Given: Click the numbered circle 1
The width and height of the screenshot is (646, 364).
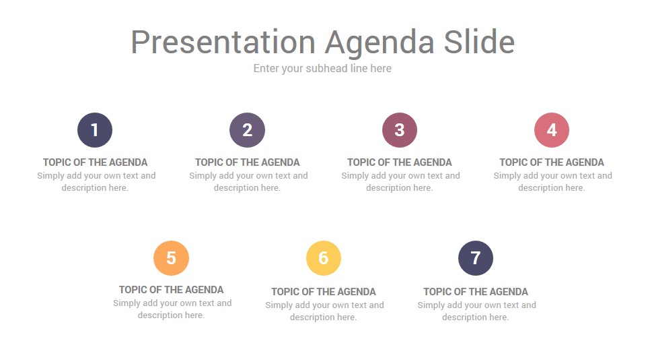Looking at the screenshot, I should coord(95,130).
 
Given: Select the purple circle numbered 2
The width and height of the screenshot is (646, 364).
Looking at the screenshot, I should coord(247,130).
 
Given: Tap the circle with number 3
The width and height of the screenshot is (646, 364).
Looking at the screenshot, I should coord(400,130).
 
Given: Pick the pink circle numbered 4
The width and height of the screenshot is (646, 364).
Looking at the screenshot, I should coord(552,130).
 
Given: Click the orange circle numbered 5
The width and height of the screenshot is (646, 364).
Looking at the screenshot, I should coord(171,258).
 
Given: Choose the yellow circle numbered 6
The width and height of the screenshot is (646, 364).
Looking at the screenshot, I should coord(324,258).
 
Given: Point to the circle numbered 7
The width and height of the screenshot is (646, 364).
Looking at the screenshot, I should coord(476,258).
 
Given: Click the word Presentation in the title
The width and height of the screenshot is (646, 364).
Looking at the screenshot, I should coord(223,42).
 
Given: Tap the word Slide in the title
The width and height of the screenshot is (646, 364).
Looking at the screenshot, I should coord(479,42).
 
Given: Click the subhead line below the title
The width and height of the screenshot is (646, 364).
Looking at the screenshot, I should coord(322,68).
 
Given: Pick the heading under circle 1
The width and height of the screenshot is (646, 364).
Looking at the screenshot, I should coord(95,162).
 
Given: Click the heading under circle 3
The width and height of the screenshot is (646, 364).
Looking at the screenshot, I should coord(400,162).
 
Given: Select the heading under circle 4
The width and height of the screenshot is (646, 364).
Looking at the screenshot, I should coord(552,162).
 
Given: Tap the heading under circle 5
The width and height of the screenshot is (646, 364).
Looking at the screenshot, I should coord(171,290).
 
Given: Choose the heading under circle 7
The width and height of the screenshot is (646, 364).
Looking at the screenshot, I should coord(476,292).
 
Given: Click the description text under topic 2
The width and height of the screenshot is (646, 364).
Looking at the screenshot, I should coord(248,182).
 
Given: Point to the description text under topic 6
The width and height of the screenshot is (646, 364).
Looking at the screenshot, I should coord(324,311).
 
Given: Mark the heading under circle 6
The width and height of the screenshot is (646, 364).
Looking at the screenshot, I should coord(324,292).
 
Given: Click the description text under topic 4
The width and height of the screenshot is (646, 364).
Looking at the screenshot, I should coord(552,182).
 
